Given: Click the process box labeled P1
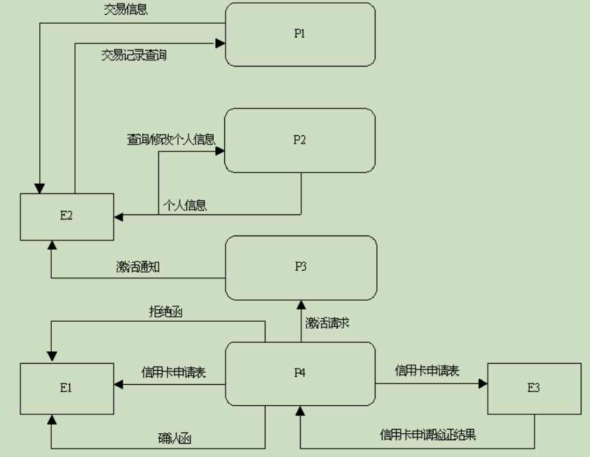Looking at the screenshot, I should [x=299, y=34].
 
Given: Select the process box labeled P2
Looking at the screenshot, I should [x=299, y=139].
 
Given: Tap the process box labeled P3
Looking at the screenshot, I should [x=299, y=267].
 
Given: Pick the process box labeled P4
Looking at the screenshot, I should [x=299, y=373].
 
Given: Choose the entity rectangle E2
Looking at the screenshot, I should [x=66, y=215].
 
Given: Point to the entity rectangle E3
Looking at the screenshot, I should [x=534, y=388].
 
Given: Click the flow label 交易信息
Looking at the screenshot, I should [x=126, y=11].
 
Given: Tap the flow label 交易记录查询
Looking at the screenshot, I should [x=135, y=55].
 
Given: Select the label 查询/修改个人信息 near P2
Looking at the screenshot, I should [x=171, y=139].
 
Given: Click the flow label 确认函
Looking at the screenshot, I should [x=174, y=439].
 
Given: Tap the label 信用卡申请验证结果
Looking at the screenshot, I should [x=428, y=434].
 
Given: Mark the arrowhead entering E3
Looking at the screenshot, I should [x=483, y=384].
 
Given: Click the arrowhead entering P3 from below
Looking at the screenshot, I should [x=301, y=304].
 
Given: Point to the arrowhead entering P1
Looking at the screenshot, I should [x=220, y=43].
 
